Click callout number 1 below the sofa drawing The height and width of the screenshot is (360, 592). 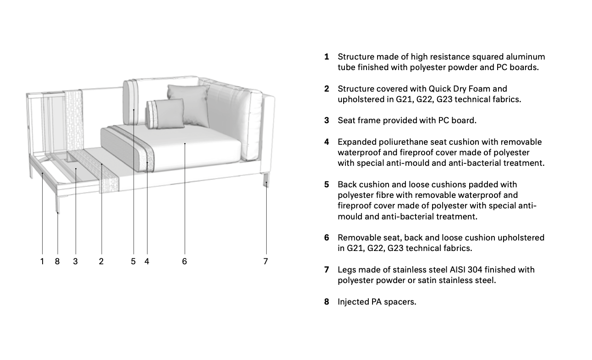[x=42, y=262]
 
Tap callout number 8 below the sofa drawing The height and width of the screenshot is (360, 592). [x=57, y=262]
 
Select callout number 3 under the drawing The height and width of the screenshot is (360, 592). [x=75, y=262]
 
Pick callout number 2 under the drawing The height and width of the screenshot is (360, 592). [x=101, y=262]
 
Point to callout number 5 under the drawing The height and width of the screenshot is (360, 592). [x=133, y=262]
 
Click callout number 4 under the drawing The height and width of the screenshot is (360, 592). [x=147, y=262]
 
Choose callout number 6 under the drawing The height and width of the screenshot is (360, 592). [x=184, y=262]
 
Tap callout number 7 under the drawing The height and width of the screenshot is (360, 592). [x=265, y=262]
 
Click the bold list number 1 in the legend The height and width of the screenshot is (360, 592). [x=326, y=57]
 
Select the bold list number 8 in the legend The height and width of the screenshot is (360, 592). [x=326, y=302]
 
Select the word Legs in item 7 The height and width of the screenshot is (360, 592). [x=346, y=270]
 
